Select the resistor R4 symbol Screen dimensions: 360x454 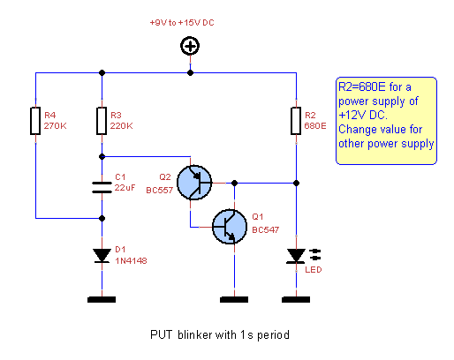click(x=34, y=121)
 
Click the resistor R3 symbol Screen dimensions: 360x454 click(x=102, y=121)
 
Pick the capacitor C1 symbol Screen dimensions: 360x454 click(x=102, y=186)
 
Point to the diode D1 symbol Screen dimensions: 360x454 click(x=102, y=255)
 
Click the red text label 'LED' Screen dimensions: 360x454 click(x=312, y=270)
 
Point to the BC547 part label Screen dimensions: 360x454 click(x=265, y=229)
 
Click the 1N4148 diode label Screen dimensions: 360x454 click(x=130, y=259)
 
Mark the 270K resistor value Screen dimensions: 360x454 click(x=56, y=125)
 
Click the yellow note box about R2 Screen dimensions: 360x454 click(x=386, y=121)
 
